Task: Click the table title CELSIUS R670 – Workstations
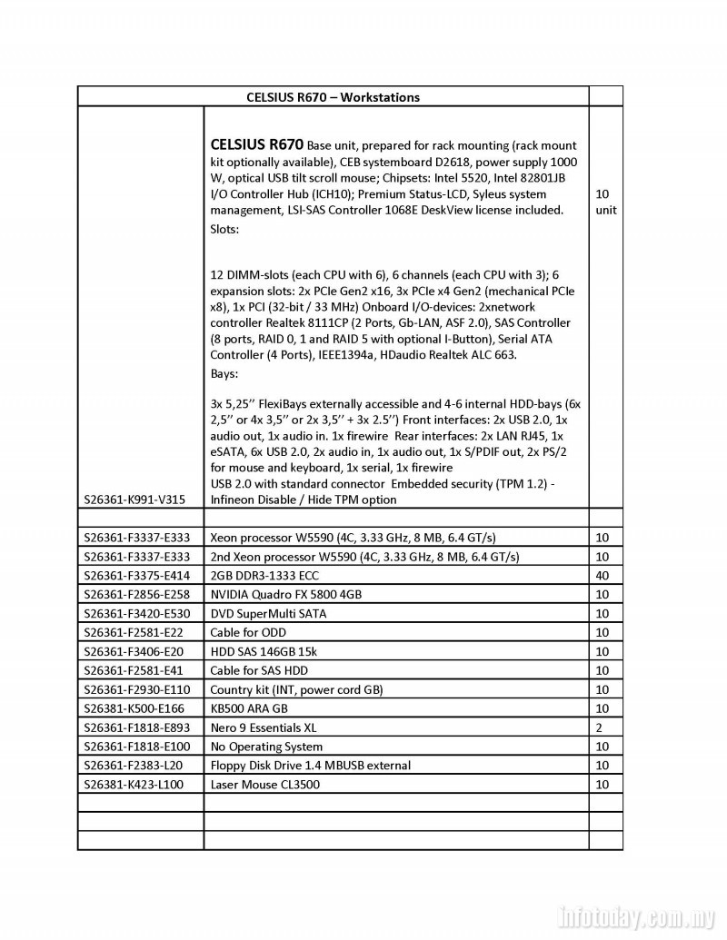click(333, 97)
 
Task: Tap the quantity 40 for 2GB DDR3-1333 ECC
click(603, 576)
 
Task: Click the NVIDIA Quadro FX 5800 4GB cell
click(285, 595)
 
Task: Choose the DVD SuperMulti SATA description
click(268, 614)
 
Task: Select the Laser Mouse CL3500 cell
click(264, 785)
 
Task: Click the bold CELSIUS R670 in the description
click(257, 144)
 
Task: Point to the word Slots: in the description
click(224, 230)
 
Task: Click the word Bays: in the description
click(224, 373)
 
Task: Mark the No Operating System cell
click(266, 747)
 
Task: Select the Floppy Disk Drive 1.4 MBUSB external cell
click(310, 766)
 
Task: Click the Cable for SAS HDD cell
click(259, 670)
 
